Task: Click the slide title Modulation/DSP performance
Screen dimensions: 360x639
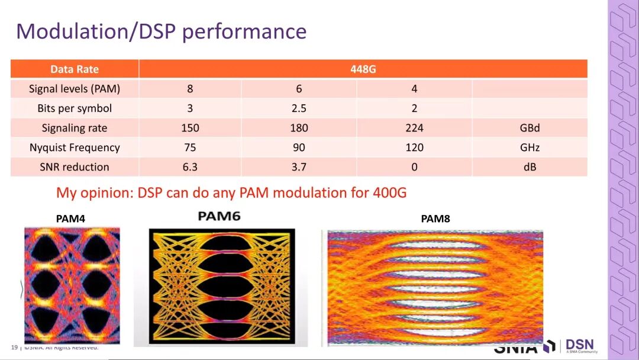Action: click(x=161, y=31)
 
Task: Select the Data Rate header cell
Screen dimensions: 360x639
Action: click(x=75, y=69)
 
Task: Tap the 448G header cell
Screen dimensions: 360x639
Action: click(x=363, y=69)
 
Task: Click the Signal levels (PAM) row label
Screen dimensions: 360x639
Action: click(x=75, y=89)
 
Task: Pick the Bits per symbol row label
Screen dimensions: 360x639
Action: click(x=75, y=108)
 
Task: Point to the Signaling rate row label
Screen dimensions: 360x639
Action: click(x=75, y=128)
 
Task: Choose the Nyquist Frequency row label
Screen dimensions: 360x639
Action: click(x=75, y=147)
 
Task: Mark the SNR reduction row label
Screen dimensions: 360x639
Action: click(x=75, y=167)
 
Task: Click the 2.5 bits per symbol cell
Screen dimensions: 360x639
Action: click(x=299, y=108)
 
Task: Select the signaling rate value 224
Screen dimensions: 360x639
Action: click(x=414, y=128)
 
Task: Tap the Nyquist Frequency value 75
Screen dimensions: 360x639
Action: click(x=190, y=147)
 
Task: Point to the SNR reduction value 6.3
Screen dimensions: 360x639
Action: click(x=190, y=167)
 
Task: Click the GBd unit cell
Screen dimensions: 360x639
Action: click(x=530, y=128)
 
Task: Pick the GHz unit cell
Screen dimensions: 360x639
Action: click(x=530, y=147)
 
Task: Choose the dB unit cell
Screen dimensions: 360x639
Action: click(x=530, y=167)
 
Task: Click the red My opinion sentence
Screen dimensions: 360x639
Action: click(x=231, y=192)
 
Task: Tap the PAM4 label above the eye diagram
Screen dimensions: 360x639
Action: click(x=70, y=219)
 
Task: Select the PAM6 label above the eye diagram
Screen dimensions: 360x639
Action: click(x=219, y=216)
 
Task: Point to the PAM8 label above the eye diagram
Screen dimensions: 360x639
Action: click(x=435, y=219)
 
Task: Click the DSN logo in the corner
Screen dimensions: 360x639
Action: click(x=579, y=346)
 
